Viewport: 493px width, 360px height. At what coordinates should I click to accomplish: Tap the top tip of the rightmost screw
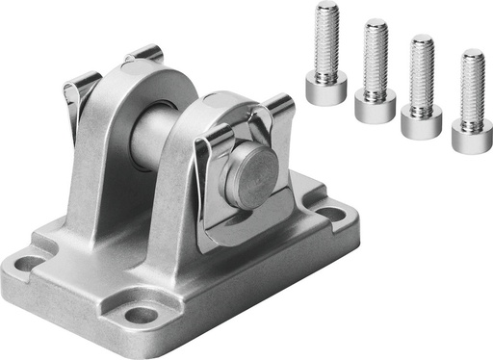pos(472,54)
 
